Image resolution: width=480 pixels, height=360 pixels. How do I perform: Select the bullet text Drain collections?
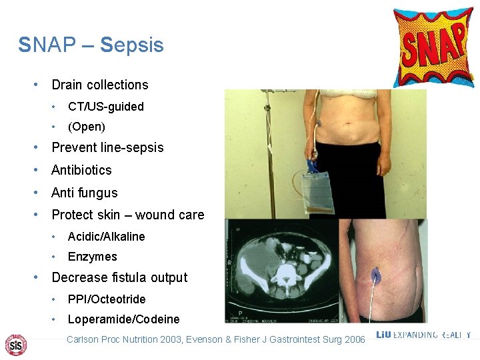point(100,85)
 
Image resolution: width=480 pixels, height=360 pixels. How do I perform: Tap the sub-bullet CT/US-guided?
point(105,106)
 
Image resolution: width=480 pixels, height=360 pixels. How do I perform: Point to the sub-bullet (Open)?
point(86,126)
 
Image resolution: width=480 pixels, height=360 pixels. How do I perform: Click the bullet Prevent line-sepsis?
point(107,147)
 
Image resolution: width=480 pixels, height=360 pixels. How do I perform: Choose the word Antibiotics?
point(81,170)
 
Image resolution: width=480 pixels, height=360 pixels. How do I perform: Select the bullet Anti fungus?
point(84,193)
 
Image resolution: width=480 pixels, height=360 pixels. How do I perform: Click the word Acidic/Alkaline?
point(106,237)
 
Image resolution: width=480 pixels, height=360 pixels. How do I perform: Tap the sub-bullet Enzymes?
point(92,257)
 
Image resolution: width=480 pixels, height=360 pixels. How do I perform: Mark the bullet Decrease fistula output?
point(119,277)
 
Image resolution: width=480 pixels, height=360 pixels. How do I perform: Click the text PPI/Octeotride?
point(106,299)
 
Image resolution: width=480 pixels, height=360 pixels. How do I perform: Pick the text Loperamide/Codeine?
point(123,319)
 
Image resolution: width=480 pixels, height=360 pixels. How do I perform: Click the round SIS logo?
point(15,344)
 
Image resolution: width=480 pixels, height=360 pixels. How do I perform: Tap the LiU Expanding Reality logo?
point(423,335)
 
